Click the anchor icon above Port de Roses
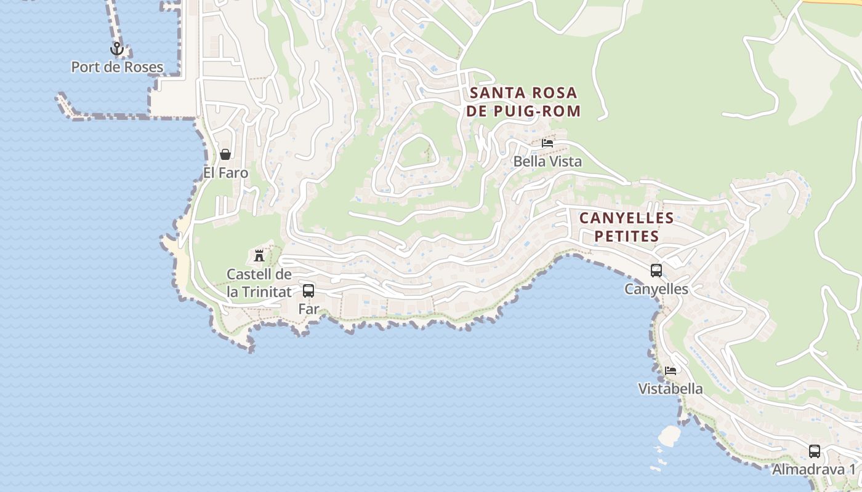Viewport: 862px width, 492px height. pos(117,49)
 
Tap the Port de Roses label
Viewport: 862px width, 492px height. pos(117,67)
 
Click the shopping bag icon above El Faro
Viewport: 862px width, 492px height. pos(225,154)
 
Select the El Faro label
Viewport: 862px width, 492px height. pos(226,173)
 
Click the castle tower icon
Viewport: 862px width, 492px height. pos(259,255)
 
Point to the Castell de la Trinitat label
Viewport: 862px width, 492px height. pos(259,283)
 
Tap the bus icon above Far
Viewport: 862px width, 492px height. pos(308,291)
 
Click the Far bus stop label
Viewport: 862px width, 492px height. pos(308,309)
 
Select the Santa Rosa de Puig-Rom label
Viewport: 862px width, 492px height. pos(524,102)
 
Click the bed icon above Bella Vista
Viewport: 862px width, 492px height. pos(547,143)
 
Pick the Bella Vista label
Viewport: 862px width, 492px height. pos(547,162)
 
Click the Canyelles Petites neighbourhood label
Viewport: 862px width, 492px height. pos(627,227)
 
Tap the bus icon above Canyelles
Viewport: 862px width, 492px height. pos(656,270)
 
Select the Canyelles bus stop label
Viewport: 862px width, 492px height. pos(656,288)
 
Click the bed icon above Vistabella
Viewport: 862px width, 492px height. pos(671,371)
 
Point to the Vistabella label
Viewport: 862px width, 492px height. pos(671,389)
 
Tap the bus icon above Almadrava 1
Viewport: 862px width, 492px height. pos(815,451)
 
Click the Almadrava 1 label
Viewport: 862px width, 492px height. pos(814,469)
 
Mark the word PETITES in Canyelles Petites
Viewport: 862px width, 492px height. pos(627,236)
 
